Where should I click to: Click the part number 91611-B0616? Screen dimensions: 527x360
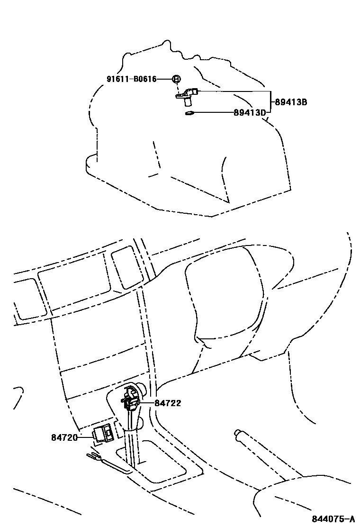[131, 79]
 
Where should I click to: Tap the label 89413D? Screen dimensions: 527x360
[250, 113]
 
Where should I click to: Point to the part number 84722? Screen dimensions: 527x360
[168, 403]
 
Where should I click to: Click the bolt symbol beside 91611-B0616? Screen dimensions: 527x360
[176, 79]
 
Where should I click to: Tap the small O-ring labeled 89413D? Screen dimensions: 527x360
[189, 113]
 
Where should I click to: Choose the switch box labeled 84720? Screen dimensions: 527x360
[103, 433]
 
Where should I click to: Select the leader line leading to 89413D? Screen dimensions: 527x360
[213, 113]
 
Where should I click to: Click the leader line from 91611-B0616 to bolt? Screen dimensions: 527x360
[164, 79]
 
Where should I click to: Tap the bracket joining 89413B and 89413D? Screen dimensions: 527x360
[270, 101]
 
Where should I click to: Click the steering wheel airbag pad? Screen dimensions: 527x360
[223, 303]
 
